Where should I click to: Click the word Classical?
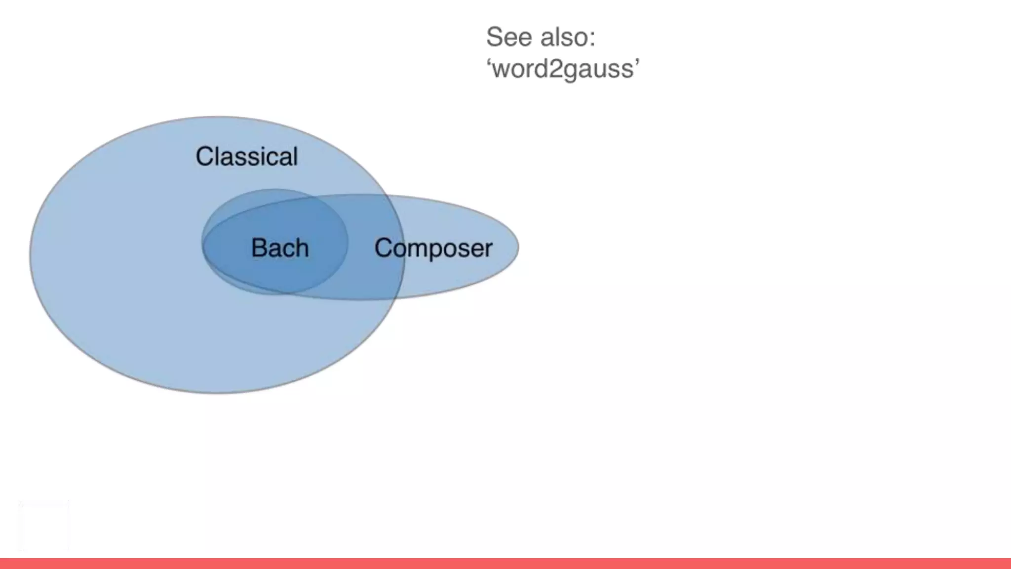[x=246, y=157]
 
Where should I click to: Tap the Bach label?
[x=280, y=248]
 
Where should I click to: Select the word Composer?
[x=433, y=248]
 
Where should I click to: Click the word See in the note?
[x=509, y=37]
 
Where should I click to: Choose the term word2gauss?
[x=563, y=68]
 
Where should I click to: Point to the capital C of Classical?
[x=204, y=157]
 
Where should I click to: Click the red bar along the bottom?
[x=505, y=563]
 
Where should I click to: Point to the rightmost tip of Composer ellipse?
[x=518, y=246]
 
